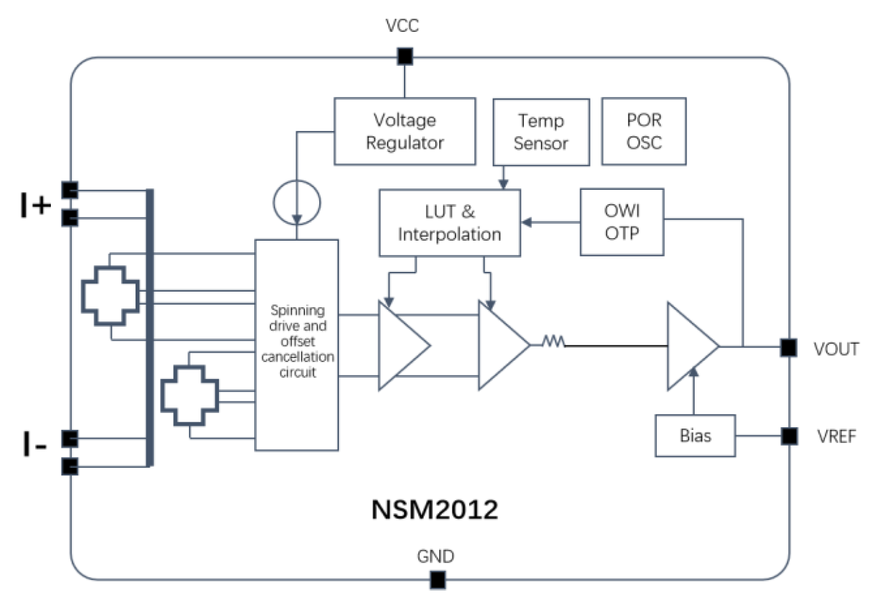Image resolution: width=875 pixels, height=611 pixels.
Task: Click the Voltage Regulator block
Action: (x=405, y=132)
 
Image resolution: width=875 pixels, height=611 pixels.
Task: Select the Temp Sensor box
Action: (x=541, y=132)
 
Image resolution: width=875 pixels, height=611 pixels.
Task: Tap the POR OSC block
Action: (x=644, y=132)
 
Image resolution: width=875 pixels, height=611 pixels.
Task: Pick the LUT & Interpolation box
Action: (x=449, y=223)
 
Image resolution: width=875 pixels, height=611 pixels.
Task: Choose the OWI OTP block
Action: (x=622, y=222)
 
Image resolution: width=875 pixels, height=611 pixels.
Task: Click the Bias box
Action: (x=695, y=435)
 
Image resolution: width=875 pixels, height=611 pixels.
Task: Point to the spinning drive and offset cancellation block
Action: (x=296, y=344)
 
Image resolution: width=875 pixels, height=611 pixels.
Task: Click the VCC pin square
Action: (x=405, y=56)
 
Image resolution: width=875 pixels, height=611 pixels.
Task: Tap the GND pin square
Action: (x=438, y=580)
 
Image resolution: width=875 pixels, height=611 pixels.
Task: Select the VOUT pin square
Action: (x=788, y=347)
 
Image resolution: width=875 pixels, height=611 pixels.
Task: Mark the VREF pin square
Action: (x=789, y=436)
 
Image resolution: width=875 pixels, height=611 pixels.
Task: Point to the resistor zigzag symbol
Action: (x=553, y=341)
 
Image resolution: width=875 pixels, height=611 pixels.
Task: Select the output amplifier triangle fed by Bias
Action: (x=693, y=346)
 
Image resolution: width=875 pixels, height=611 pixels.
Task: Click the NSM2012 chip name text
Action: (x=434, y=509)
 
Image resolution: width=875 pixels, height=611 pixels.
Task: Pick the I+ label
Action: (x=35, y=205)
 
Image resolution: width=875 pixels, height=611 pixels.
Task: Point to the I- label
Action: (x=35, y=444)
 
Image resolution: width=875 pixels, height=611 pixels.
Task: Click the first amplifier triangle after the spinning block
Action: (x=405, y=346)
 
